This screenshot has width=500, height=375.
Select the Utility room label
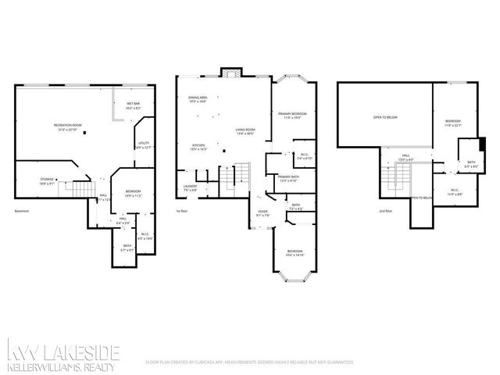point(144,145)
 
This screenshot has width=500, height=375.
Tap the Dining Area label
point(197,99)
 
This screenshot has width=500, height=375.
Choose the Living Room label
point(247,132)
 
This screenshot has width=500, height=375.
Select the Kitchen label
point(198,147)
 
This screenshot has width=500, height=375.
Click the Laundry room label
point(190,187)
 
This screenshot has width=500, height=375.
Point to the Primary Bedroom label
point(291,116)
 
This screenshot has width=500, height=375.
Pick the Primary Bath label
point(289,179)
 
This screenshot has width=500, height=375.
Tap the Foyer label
point(263,213)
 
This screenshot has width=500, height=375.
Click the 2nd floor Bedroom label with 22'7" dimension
point(453,123)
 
